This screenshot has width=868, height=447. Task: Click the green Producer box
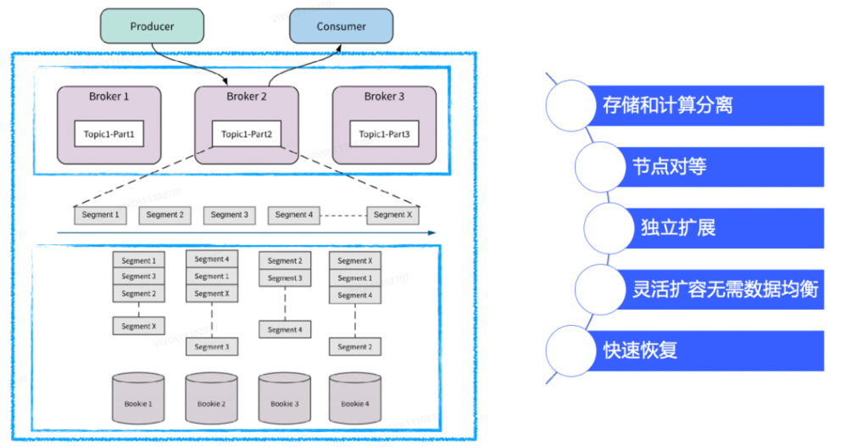pyautogui.click(x=152, y=26)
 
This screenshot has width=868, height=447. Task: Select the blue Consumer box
pyautogui.click(x=341, y=26)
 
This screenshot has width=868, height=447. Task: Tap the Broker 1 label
pyautogui.click(x=109, y=97)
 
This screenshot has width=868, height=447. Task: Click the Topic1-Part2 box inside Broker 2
pyautogui.click(x=247, y=134)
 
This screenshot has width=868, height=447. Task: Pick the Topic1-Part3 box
pyautogui.click(x=384, y=134)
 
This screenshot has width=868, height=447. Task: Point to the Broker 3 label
pyautogui.click(x=384, y=97)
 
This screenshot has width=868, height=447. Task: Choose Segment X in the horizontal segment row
pyautogui.click(x=392, y=215)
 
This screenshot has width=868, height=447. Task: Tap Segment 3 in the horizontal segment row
pyautogui.click(x=230, y=215)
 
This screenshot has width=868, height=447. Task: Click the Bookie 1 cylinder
pyautogui.click(x=138, y=398)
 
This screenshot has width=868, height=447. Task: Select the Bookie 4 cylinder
pyautogui.click(x=355, y=398)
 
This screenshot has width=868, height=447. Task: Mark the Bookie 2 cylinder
pyautogui.click(x=211, y=398)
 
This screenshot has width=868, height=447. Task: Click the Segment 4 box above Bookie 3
pyautogui.click(x=284, y=330)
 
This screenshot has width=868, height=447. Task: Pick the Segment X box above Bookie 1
pyautogui.click(x=138, y=327)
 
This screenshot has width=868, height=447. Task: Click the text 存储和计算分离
pyautogui.click(x=667, y=105)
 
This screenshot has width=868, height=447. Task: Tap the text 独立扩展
pyautogui.click(x=678, y=228)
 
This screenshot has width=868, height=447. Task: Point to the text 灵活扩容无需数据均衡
pyautogui.click(x=725, y=288)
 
